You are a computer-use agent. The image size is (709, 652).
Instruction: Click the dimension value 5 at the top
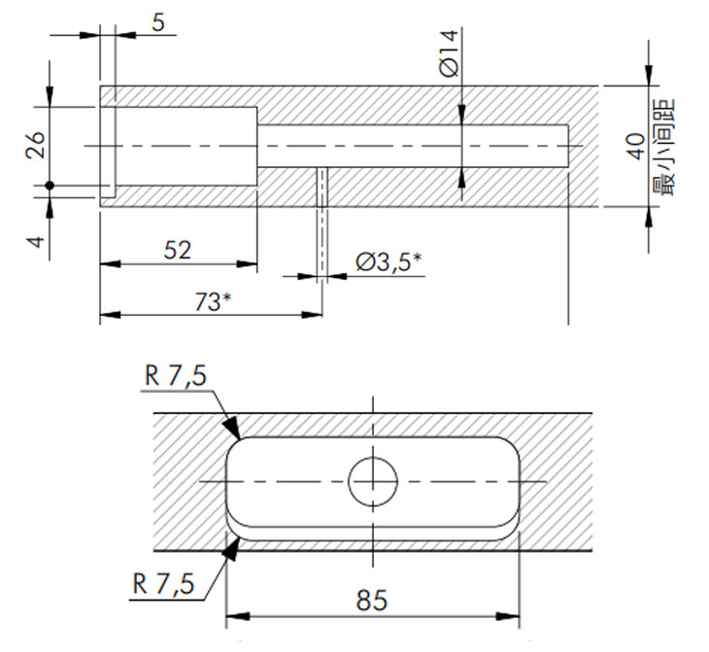[158, 22]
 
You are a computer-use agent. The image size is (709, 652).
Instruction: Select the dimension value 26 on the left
[36, 145]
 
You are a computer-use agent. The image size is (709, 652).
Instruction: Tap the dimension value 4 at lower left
[36, 242]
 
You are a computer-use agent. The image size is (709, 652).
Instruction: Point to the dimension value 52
[177, 251]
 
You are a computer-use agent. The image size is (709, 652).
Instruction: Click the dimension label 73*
[213, 302]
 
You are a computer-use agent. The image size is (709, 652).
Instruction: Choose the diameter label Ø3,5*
[388, 261]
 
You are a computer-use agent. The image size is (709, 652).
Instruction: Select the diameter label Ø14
[449, 53]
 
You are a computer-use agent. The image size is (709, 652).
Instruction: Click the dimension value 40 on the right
[637, 146]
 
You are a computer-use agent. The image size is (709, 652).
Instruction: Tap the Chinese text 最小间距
[663, 148]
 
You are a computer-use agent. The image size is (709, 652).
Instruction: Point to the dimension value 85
[372, 601]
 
